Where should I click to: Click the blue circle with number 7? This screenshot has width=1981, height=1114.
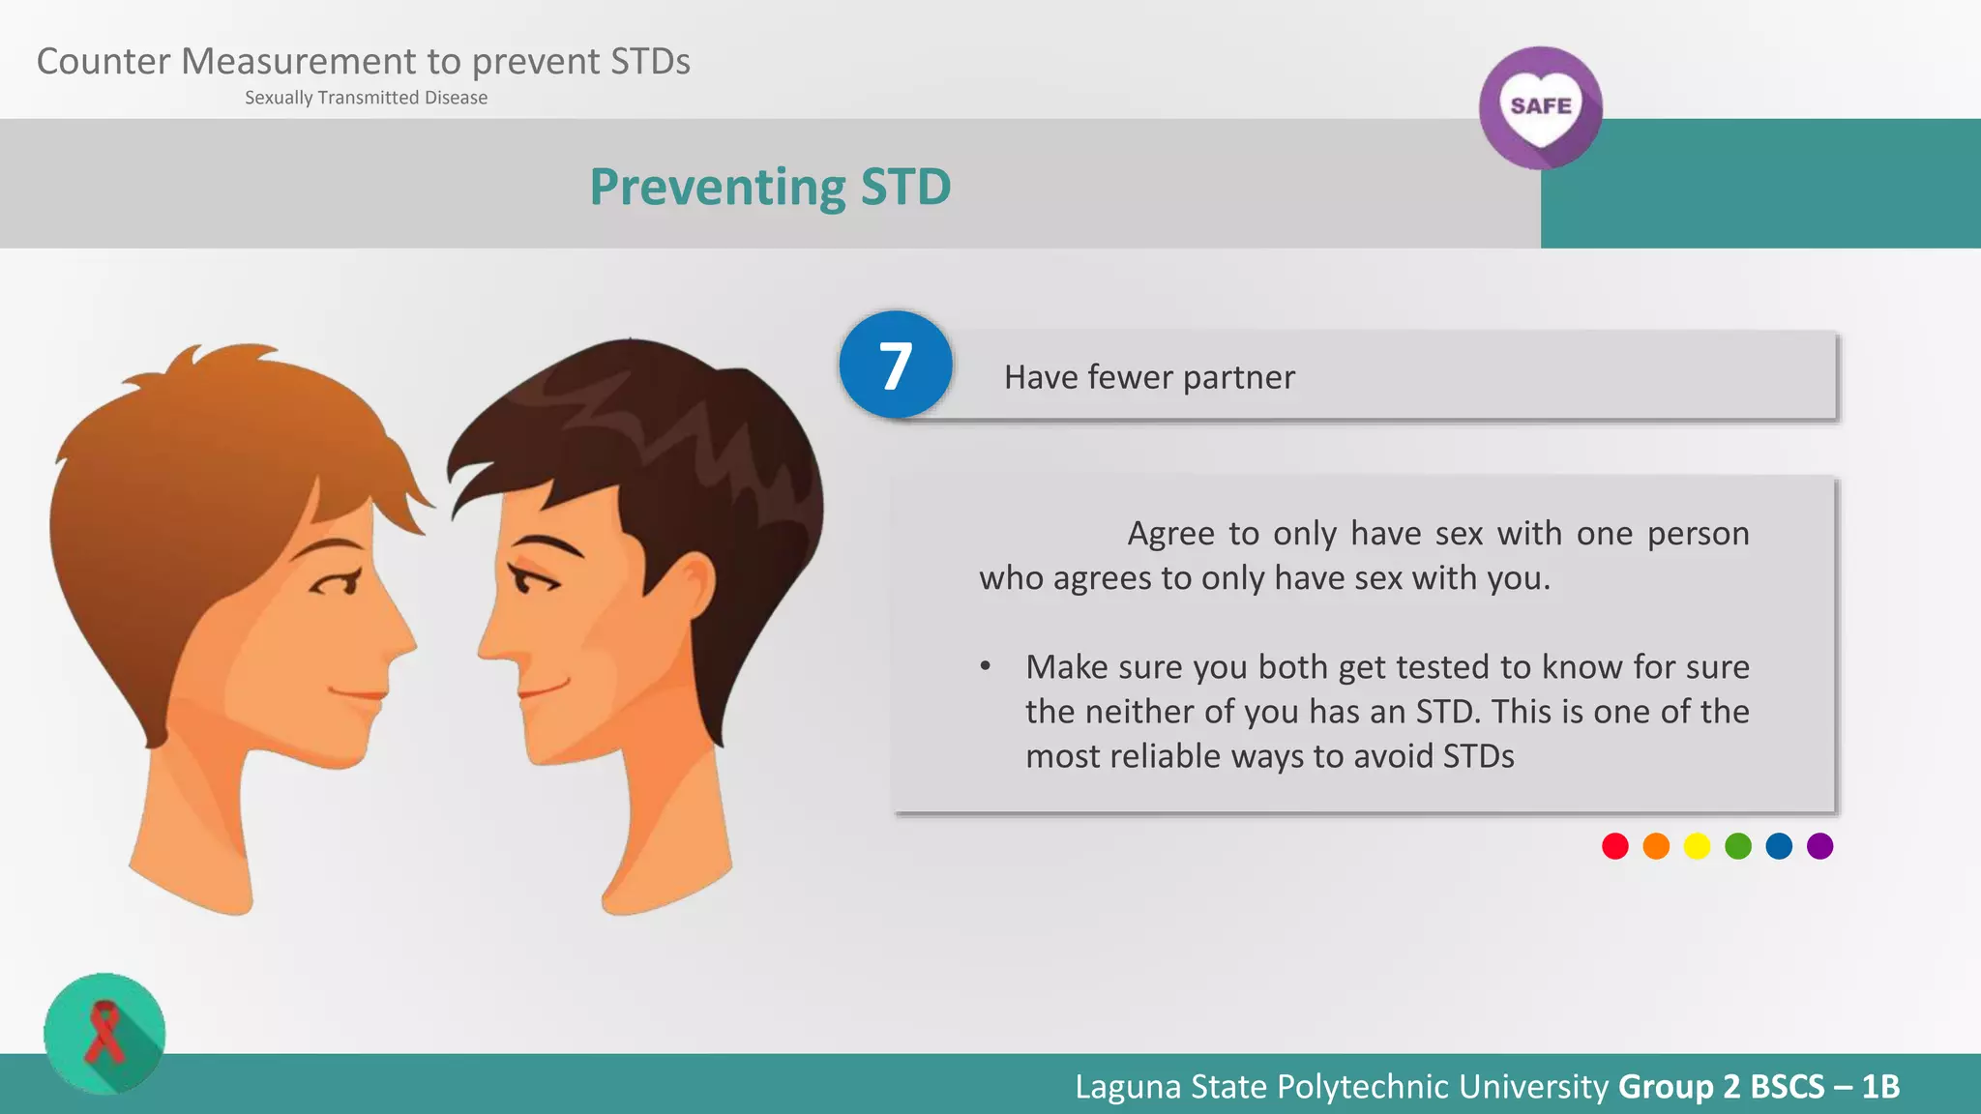[x=896, y=366]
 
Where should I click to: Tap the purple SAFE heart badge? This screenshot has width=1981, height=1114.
[x=1540, y=107]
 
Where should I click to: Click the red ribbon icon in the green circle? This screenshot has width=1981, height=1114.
[x=104, y=1033]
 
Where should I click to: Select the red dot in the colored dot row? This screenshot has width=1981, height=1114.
[x=1615, y=846]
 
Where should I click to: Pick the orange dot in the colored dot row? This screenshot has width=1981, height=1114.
[x=1656, y=846]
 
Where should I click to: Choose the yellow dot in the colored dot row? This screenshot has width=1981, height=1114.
[x=1697, y=846]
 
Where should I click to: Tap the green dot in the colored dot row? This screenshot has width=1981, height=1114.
[x=1738, y=846]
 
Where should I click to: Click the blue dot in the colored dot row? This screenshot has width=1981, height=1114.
[x=1779, y=846]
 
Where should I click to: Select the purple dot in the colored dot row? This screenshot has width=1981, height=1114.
[x=1819, y=846]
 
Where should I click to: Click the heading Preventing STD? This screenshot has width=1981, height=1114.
[x=770, y=187]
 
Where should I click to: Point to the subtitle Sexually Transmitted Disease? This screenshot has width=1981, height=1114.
[x=366, y=98]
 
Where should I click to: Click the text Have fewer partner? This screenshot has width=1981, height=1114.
[x=1149, y=377]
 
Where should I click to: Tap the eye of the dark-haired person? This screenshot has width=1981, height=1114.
[x=531, y=582]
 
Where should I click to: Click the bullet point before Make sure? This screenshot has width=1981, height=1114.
[x=985, y=666]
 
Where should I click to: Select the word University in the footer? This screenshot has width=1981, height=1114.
[x=1533, y=1087]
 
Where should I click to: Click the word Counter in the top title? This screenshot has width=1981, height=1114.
[x=103, y=62]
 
